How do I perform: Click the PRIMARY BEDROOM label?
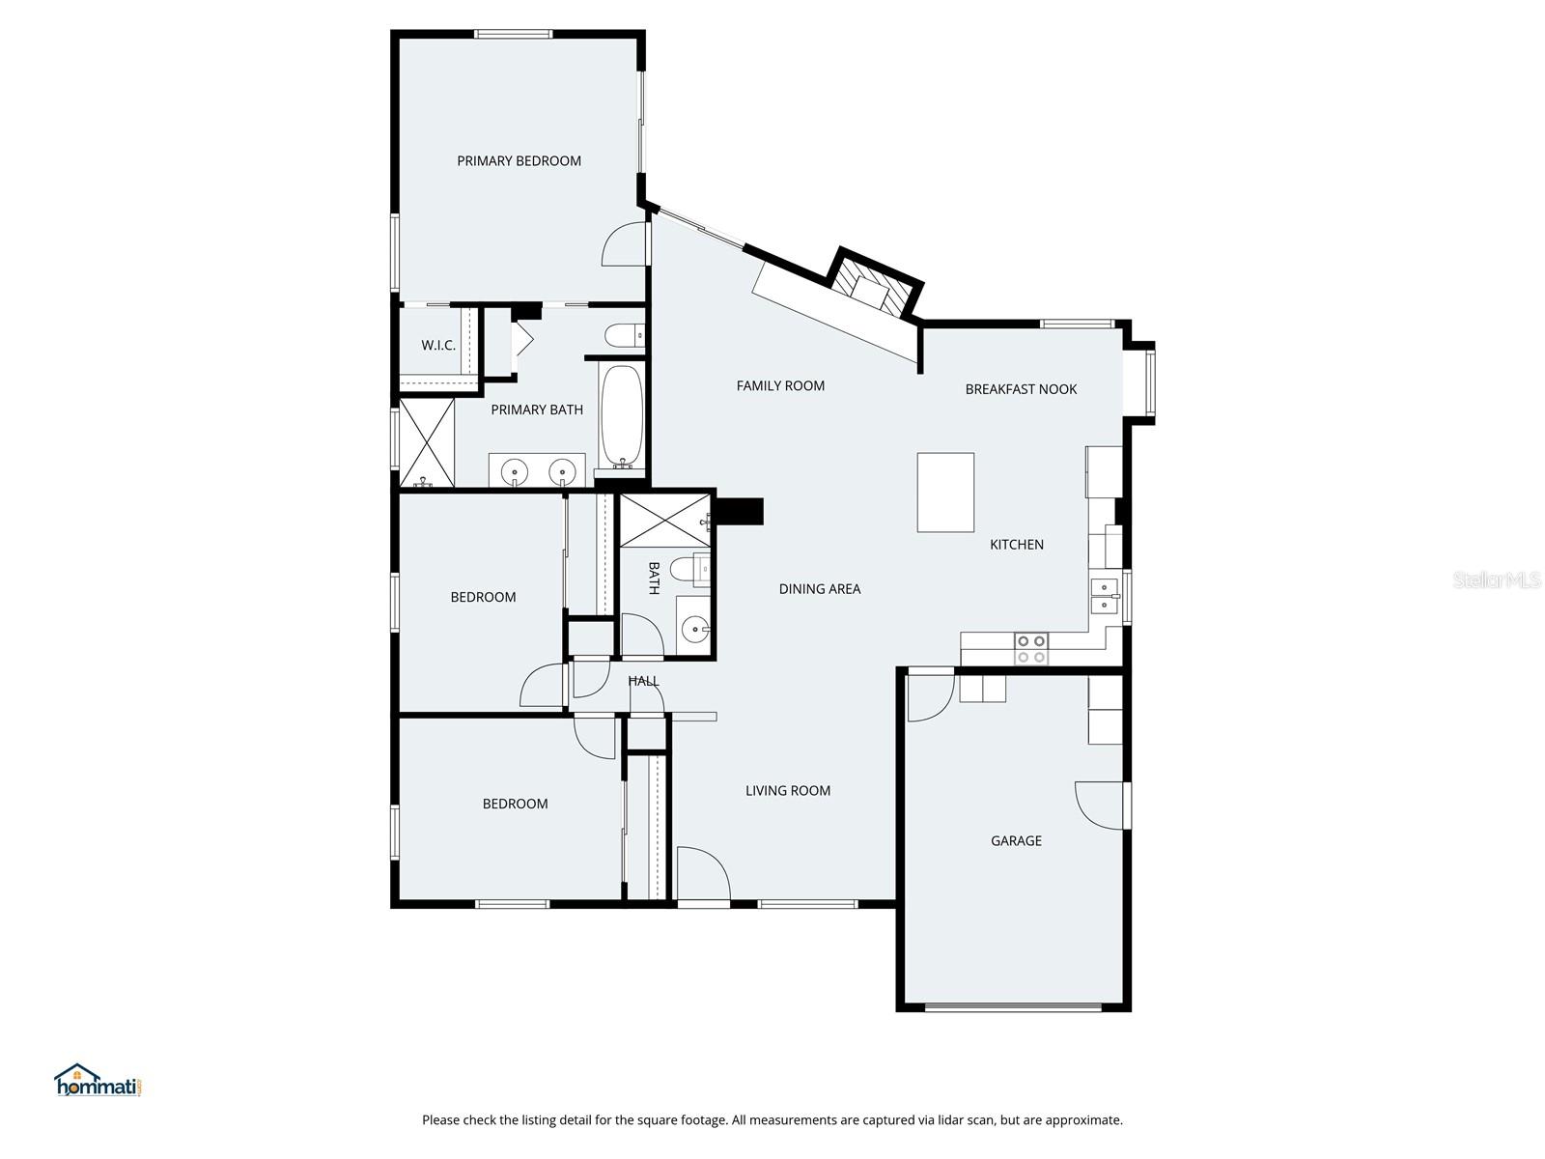(x=519, y=161)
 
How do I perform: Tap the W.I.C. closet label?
(x=437, y=346)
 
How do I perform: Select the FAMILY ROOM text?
(x=780, y=385)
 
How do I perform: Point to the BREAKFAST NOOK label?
(x=1021, y=389)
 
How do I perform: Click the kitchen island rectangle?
(x=945, y=492)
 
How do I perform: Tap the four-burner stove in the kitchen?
(x=1030, y=649)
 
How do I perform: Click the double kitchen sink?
(x=1105, y=595)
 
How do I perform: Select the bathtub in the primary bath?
(x=622, y=417)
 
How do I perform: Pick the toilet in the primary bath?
(x=625, y=334)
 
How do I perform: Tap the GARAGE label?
(x=1016, y=841)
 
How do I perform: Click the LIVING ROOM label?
(x=788, y=791)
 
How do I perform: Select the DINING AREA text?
(x=819, y=589)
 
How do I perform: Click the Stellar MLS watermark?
(x=1497, y=579)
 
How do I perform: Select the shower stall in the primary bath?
(x=427, y=442)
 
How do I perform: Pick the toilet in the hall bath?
(x=689, y=569)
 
